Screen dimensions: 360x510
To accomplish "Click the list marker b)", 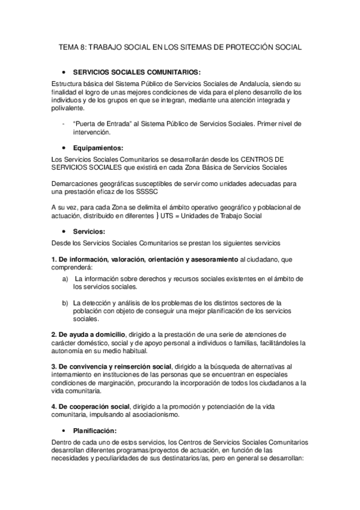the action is click(66, 303).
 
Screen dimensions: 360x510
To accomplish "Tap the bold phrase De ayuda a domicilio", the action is click(92, 334).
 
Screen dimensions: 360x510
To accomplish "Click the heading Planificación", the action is click(99, 430).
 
